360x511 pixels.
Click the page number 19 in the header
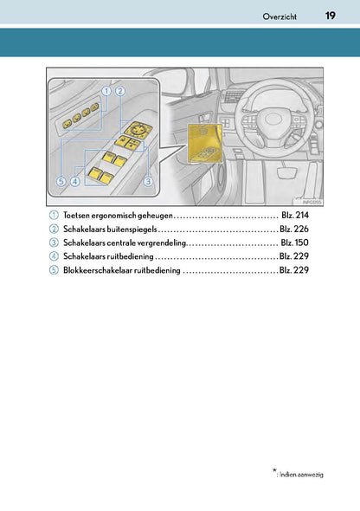pos(330,16)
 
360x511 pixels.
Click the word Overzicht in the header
pos(280,16)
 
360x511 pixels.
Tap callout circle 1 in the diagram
pos(106,91)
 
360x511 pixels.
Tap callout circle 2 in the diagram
pos(120,91)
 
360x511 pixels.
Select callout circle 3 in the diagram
pos(148,181)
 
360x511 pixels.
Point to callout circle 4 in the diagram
pos(75,181)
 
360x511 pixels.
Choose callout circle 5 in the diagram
pos(61,181)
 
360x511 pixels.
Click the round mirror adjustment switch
pos(138,129)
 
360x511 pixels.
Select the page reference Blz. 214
pos(295,216)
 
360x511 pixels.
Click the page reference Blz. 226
pos(294,230)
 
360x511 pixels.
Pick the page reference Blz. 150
pos(294,243)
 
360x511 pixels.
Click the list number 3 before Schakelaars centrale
pos(54,243)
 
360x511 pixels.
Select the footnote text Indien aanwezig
pos(301,475)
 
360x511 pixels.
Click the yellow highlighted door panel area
pos(205,142)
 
